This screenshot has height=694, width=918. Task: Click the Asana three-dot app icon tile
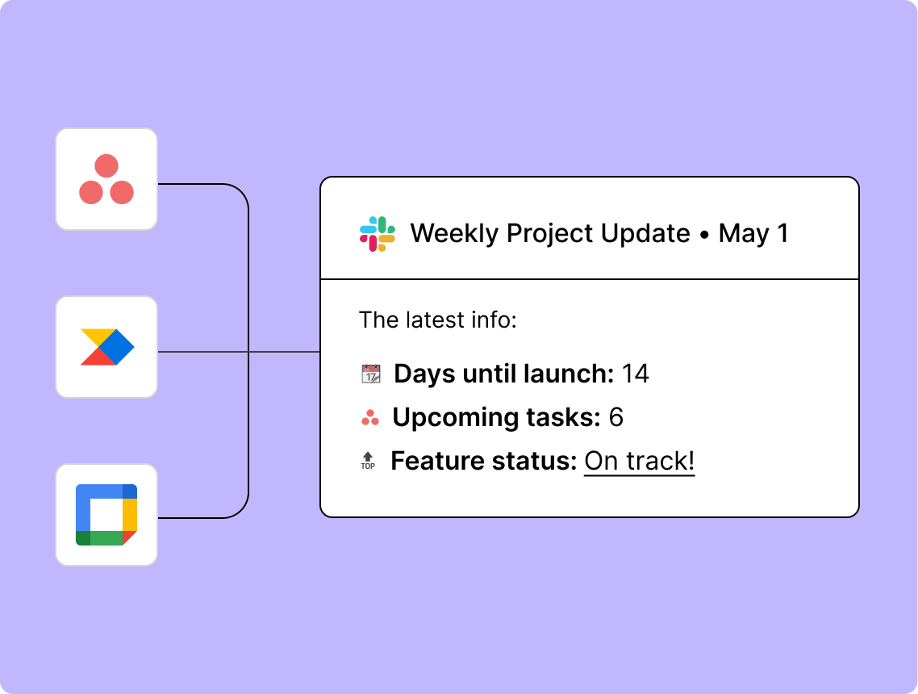(x=106, y=179)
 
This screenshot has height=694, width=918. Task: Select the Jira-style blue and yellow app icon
(x=106, y=347)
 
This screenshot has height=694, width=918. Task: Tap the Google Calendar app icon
(x=106, y=515)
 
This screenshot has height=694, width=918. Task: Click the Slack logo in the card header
(x=377, y=234)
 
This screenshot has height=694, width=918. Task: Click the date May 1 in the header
(x=753, y=234)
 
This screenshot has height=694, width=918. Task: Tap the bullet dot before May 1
(x=704, y=235)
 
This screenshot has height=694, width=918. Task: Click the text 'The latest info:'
(x=437, y=320)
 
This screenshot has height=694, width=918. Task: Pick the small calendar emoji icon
(x=370, y=374)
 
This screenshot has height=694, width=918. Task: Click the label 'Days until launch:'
(x=503, y=374)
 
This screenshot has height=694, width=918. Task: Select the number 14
(x=635, y=374)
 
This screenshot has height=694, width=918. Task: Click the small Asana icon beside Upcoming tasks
(x=370, y=418)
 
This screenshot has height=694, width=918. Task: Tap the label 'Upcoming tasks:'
(x=496, y=418)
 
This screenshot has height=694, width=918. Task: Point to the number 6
(x=615, y=418)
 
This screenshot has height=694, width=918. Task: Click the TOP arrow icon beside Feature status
(x=368, y=462)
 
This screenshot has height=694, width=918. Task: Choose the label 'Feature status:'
(x=483, y=462)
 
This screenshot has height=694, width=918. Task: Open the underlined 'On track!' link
(x=639, y=462)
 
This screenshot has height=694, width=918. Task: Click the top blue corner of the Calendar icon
(x=130, y=491)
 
